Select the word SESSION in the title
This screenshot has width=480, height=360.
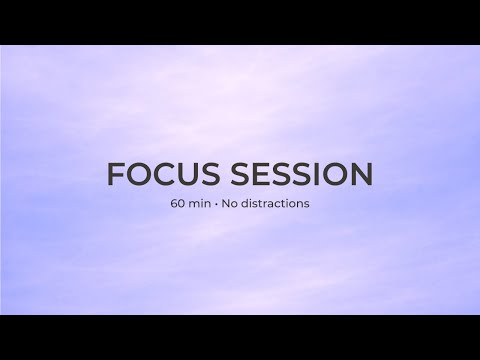(x=301, y=174)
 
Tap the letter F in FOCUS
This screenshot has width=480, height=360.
(x=115, y=174)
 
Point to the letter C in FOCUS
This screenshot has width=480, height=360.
(x=165, y=174)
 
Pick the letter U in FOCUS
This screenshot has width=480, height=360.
(x=188, y=174)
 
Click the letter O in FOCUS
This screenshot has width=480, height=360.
(x=139, y=174)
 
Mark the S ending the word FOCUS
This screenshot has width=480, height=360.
(x=210, y=174)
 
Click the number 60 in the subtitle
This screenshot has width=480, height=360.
(x=178, y=204)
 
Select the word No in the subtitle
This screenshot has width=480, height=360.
(x=229, y=204)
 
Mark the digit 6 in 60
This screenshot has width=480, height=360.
(x=174, y=204)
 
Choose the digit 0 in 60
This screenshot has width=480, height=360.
(x=182, y=204)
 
